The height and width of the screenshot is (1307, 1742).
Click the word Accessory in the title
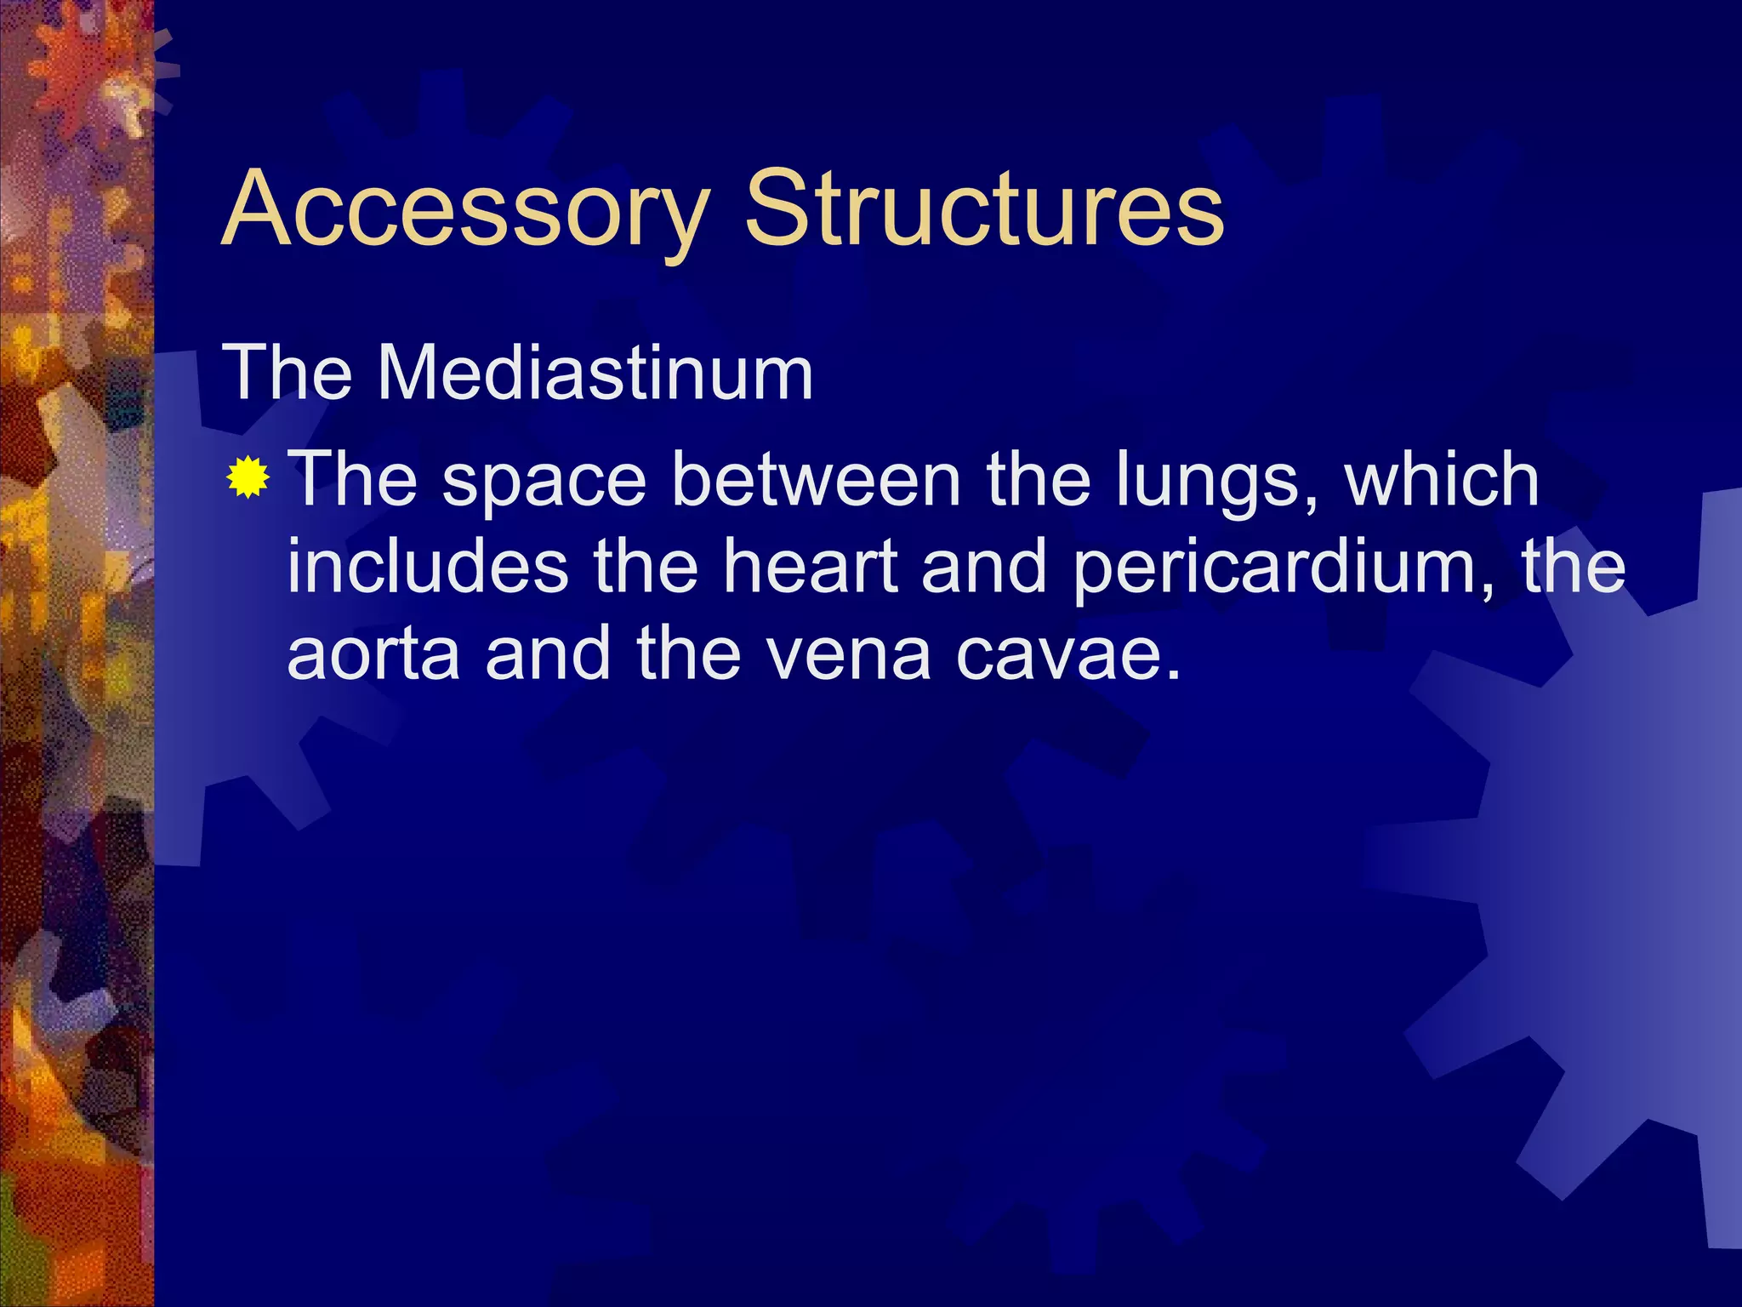coord(465,209)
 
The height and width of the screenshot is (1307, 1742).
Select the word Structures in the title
coord(984,208)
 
